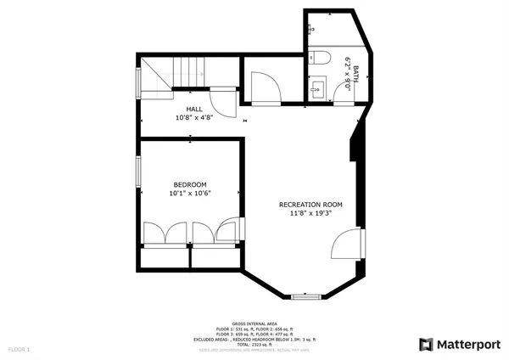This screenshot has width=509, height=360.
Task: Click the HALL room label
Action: point(194,110)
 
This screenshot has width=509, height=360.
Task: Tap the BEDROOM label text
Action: point(190,184)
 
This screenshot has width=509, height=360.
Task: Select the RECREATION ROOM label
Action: point(310,205)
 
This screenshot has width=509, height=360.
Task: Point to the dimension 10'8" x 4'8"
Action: point(194,118)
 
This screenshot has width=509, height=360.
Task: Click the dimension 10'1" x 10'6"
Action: point(190,194)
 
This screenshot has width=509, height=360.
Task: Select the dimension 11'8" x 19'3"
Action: point(310,214)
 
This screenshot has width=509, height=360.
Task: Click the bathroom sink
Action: point(316,87)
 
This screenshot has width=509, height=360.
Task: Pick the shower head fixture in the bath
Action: point(311,28)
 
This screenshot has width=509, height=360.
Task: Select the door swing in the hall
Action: point(221,103)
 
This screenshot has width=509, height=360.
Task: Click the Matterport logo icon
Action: point(427,344)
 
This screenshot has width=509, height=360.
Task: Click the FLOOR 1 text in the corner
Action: point(19,349)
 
